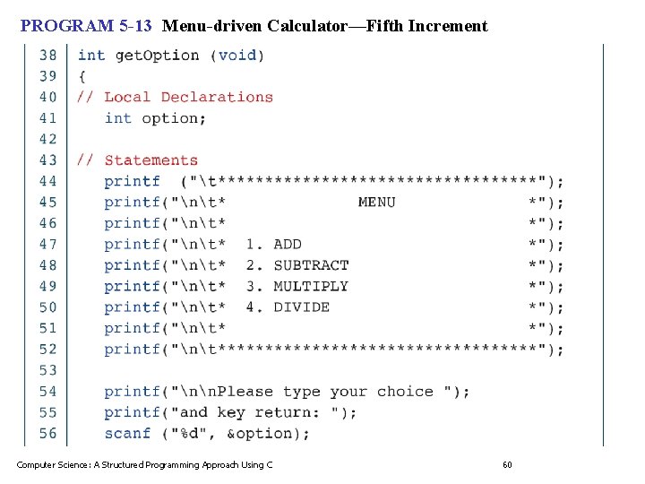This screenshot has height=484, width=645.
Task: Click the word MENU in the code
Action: click(376, 203)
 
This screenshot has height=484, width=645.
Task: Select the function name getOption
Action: click(158, 56)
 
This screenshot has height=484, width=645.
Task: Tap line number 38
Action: click(47, 56)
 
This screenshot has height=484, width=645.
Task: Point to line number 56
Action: click(47, 434)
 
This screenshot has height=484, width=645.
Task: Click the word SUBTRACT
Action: click(311, 265)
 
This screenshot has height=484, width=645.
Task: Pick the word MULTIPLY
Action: click(311, 287)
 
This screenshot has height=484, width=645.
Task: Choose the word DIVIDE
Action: click(301, 307)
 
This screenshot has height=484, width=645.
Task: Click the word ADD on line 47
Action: click(288, 245)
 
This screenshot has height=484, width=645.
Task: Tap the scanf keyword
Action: click(127, 434)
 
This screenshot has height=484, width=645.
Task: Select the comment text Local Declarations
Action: click(188, 97)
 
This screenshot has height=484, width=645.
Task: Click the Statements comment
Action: click(150, 160)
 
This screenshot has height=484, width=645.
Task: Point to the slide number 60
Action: click(507, 464)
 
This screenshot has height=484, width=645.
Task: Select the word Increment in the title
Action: click(448, 26)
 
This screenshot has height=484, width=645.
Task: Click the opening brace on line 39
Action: click(82, 76)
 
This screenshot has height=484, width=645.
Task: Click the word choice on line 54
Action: click(405, 392)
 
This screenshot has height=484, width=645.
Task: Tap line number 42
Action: click(47, 139)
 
